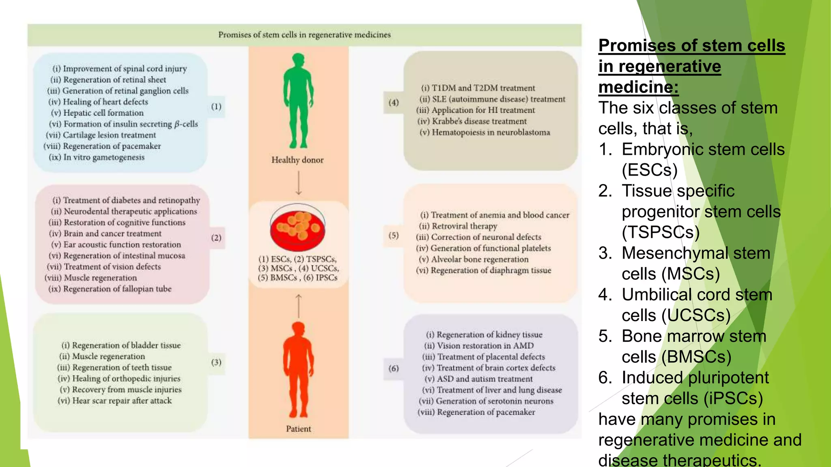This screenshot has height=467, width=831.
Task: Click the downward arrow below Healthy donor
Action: [x=299, y=183]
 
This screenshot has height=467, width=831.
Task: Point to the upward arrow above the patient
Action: [x=299, y=306]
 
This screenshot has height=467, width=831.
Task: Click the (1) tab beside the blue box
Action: [x=216, y=107]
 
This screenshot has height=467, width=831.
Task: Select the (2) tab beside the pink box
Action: [x=216, y=238]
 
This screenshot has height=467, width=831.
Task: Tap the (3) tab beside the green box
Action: [x=216, y=362]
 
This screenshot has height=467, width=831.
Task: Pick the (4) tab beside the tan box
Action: [x=393, y=103]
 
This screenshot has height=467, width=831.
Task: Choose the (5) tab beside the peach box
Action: [x=393, y=235]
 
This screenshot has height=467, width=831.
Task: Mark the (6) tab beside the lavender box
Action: [x=393, y=368]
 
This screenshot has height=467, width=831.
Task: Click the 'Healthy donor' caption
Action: [x=297, y=160]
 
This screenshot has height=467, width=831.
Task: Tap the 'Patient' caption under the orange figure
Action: [x=299, y=429]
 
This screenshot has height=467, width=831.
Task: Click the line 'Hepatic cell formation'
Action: [x=103, y=113]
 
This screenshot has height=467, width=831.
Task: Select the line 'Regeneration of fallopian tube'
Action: [x=117, y=289]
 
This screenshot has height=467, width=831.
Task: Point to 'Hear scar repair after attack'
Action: [x=122, y=401]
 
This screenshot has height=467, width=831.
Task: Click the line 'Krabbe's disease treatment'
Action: [x=479, y=121]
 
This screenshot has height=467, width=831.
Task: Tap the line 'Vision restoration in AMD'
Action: [x=485, y=346]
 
